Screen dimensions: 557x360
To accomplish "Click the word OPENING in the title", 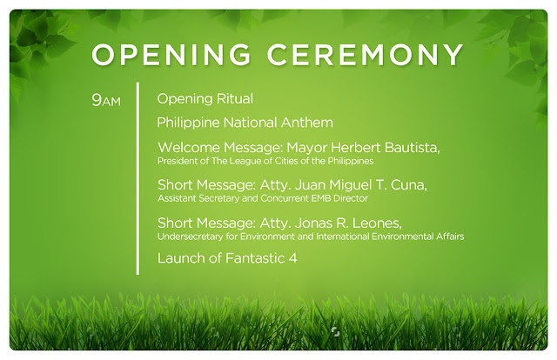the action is pyautogui.click(x=171, y=55).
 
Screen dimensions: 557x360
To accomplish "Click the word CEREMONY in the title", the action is pyautogui.click(x=366, y=55).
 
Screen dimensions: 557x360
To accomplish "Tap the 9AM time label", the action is pyautogui.click(x=106, y=100).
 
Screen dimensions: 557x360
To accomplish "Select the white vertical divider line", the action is pyautogui.click(x=138, y=178).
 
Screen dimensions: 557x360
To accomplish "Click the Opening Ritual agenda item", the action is pyautogui.click(x=205, y=99).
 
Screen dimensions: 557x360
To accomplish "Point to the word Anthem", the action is pyautogui.click(x=307, y=123).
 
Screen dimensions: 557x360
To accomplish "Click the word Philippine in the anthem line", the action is pyautogui.click(x=189, y=123).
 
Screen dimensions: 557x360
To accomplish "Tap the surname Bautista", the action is pyautogui.click(x=413, y=147).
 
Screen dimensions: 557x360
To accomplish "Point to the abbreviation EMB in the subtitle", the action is pyautogui.click(x=321, y=198).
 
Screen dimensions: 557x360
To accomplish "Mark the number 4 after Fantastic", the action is pyautogui.click(x=292, y=258).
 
